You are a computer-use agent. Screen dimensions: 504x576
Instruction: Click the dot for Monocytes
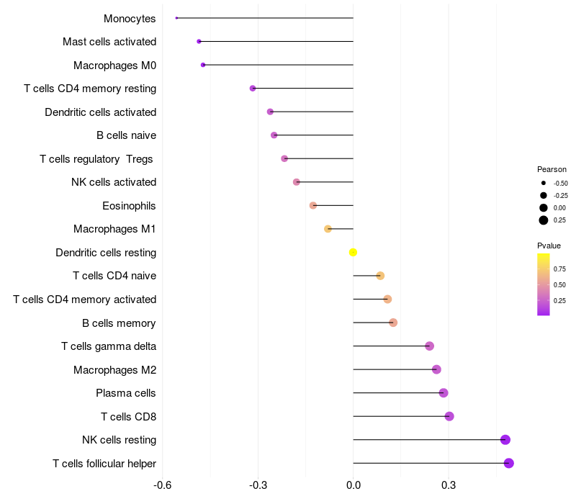[x=176, y=18]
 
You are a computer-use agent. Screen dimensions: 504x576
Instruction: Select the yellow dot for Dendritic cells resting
[x=353, y=252]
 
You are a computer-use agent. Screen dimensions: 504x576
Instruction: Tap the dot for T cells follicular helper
[x=509, y=463]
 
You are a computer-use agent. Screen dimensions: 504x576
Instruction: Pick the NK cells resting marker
[x=505, y=440]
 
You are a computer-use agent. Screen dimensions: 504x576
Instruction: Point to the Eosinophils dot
[x=313, y=205]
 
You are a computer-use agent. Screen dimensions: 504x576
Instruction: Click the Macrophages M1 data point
[x=328, y=229]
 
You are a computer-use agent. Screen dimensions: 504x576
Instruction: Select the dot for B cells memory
[x=393, y=323]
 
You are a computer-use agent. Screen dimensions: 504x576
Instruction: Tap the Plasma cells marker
[x=444, y=392]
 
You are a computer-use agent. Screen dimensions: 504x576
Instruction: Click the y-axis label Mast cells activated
[x=109, y=42]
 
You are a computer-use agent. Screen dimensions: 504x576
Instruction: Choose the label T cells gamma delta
[x=109, y=346]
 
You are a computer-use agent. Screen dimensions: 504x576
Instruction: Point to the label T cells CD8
[x=128, y=416]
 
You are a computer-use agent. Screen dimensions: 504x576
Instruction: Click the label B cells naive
[x=126, y=135]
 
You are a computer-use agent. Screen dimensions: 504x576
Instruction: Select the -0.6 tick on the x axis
[x=163, y=485]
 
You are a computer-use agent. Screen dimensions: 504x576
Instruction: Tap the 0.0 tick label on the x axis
[x=353, y=485]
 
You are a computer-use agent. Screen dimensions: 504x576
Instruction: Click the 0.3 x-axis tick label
[x=449, y=485]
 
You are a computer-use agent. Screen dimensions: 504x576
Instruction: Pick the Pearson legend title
[x=551, y=169]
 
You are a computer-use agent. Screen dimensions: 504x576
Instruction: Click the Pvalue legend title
[x=549, y=246]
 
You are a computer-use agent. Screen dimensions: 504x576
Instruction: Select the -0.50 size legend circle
[x=544, y=184]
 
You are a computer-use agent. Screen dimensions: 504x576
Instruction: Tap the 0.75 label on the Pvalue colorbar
[x=559, y=269]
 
